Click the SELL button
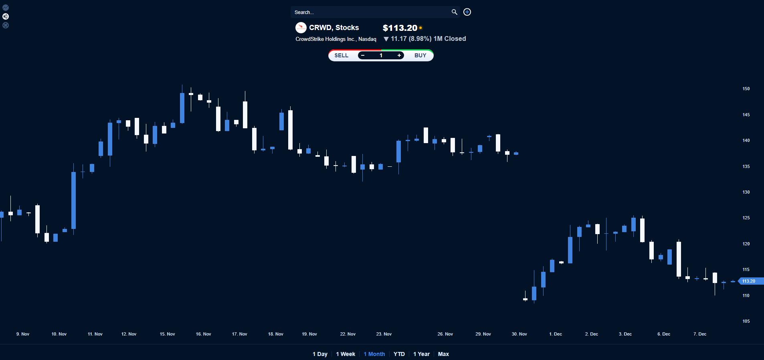pos(342,55)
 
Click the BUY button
pos(420,55)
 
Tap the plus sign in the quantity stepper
pos(399,55)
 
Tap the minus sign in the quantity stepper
pos(363,55)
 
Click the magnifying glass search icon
pos(454,12)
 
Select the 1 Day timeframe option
pos(320,354)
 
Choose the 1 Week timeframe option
pos(346,354)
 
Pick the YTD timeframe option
pos(399,354)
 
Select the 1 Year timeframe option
pos(421,354)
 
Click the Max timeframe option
pos(443,354)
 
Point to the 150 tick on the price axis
pos(746,89)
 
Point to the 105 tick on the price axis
pos(746,321)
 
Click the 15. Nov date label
pos(167,334)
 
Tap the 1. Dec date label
pos(555,334)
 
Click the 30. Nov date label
pos(519,334)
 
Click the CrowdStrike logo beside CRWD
pos(301,28)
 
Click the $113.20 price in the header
pos(400,28)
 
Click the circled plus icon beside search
pos(467,12)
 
